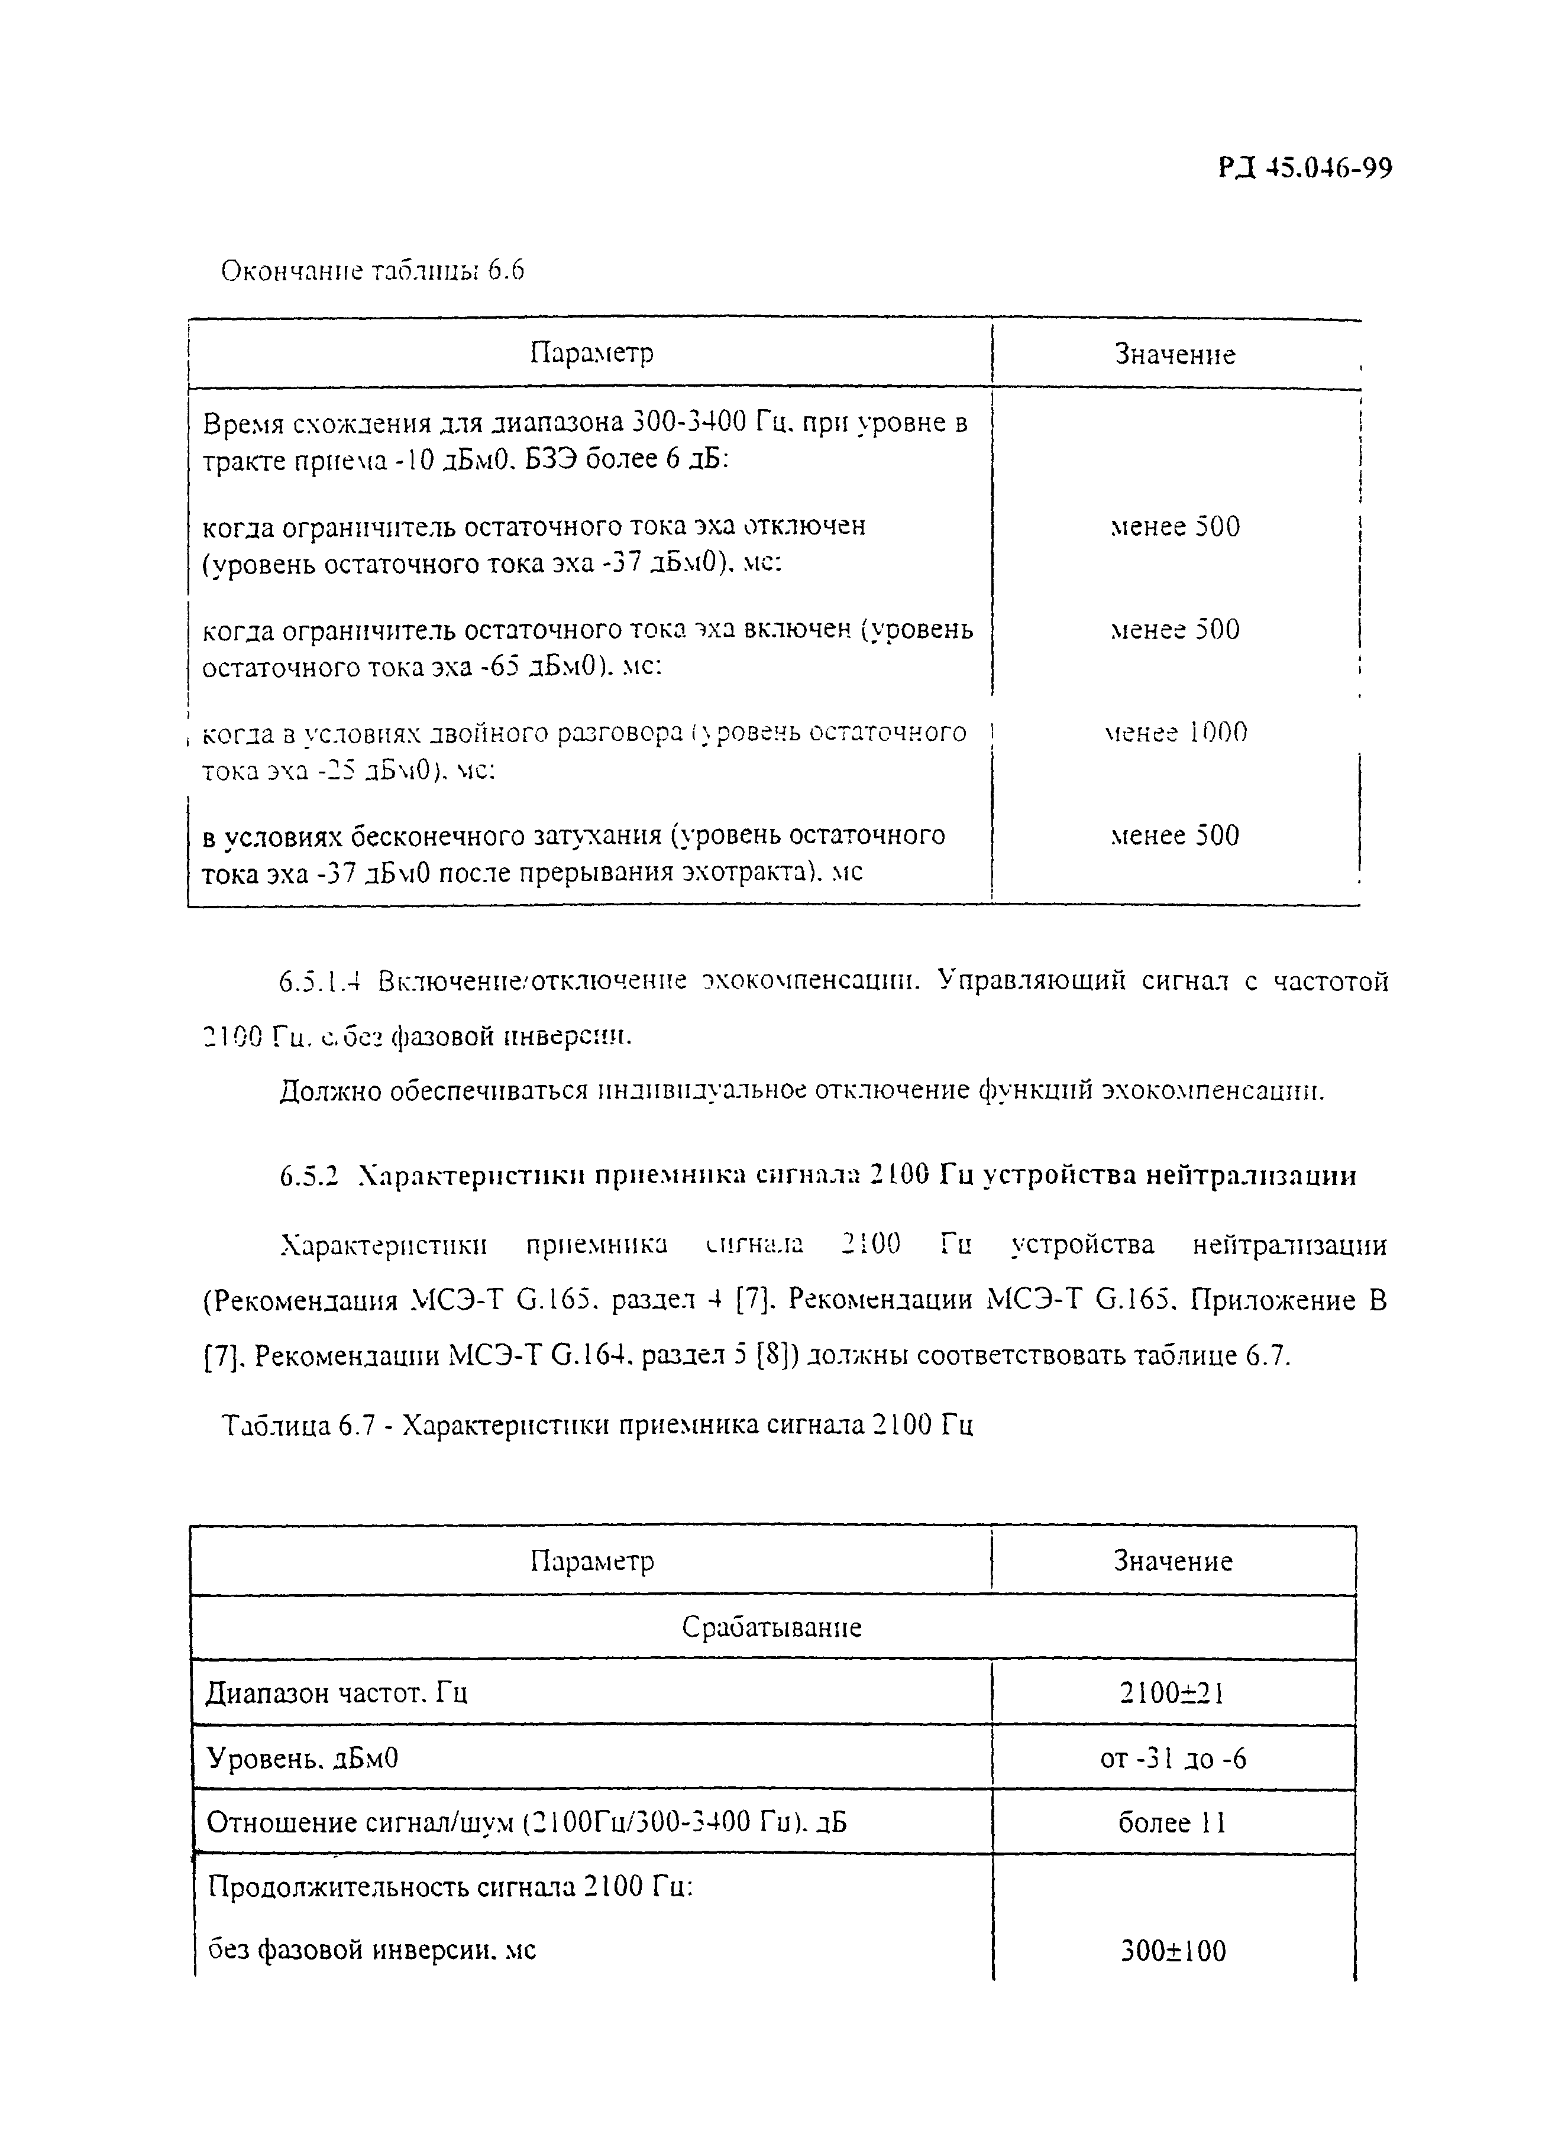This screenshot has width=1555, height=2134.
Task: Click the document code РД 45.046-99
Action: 1305,169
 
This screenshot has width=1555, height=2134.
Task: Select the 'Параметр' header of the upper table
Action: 591,353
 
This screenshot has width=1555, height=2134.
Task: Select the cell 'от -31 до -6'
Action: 1173,1759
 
